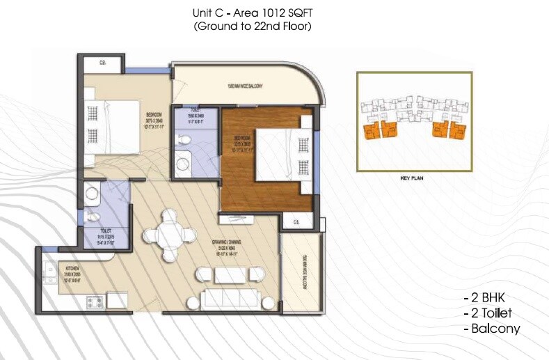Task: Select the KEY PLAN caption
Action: click(413, 178)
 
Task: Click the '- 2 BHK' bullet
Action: click(486, 298)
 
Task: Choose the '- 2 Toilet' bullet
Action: click(490, 313)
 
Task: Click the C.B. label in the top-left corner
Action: click(102, 63)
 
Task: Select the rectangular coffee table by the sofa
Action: click(230, 274)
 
